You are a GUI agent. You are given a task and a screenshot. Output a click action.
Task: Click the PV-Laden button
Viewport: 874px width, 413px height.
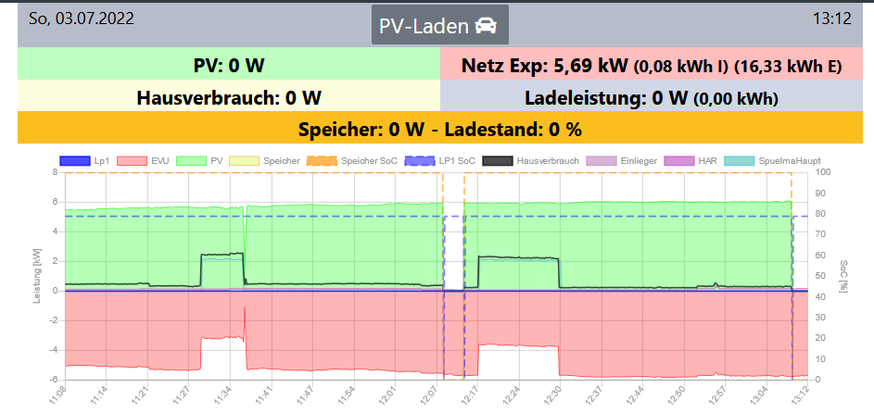click(440, 26)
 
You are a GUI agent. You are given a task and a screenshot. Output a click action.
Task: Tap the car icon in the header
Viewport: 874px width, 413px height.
click(485, 26)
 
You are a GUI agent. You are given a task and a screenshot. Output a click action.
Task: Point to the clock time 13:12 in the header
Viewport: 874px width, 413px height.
click(832, 19)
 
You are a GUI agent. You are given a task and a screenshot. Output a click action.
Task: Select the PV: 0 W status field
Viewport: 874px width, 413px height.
click(229, 66)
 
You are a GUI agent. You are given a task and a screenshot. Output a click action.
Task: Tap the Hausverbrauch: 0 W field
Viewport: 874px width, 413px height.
click(229, 97)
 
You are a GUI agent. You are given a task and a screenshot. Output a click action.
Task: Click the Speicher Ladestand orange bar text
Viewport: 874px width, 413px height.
click(439, 128)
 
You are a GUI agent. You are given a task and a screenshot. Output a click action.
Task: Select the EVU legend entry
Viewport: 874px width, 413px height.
click(150, 161)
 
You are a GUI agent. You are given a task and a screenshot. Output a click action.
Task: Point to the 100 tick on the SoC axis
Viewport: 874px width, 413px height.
click(821, 172)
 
